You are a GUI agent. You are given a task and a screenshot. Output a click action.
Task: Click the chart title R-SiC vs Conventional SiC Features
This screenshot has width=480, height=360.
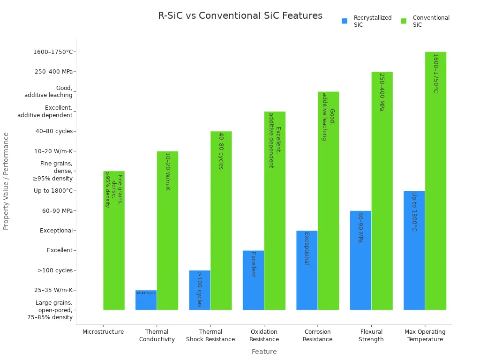coord(240,15)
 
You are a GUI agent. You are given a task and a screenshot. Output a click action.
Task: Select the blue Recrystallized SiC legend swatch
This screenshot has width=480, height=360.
coord(345,21)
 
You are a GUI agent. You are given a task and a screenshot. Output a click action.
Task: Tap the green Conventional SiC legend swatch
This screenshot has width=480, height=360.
coord(404,21)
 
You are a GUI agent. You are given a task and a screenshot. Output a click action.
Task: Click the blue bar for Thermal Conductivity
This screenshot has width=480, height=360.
coord(146,300)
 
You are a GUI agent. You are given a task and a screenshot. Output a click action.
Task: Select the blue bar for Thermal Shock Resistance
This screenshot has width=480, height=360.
coord(200,290)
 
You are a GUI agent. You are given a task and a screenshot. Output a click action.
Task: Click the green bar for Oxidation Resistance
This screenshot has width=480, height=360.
coord(275,210)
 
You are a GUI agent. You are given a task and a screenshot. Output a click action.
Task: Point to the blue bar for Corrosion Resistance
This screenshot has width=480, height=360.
coord(307,270)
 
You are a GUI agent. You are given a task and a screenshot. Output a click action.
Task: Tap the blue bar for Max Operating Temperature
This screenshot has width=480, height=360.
coord(414,250)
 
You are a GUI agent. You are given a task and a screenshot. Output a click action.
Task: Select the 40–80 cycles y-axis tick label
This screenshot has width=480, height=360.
coord(54,131)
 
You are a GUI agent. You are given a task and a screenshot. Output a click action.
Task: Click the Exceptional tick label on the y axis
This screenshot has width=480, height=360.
coord(56,231)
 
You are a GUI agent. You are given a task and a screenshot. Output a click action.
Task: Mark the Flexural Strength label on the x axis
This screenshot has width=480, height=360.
coord(371,336)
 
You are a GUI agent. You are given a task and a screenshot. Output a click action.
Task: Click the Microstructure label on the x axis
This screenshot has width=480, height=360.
coord(103,332)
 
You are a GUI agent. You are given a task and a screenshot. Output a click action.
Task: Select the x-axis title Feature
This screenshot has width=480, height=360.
coord(264,352)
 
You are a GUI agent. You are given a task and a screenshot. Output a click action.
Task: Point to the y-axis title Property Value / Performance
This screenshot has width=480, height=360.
coord(6,181)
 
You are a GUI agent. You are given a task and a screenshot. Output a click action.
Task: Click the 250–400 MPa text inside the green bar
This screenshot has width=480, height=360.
coord(382,92)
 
